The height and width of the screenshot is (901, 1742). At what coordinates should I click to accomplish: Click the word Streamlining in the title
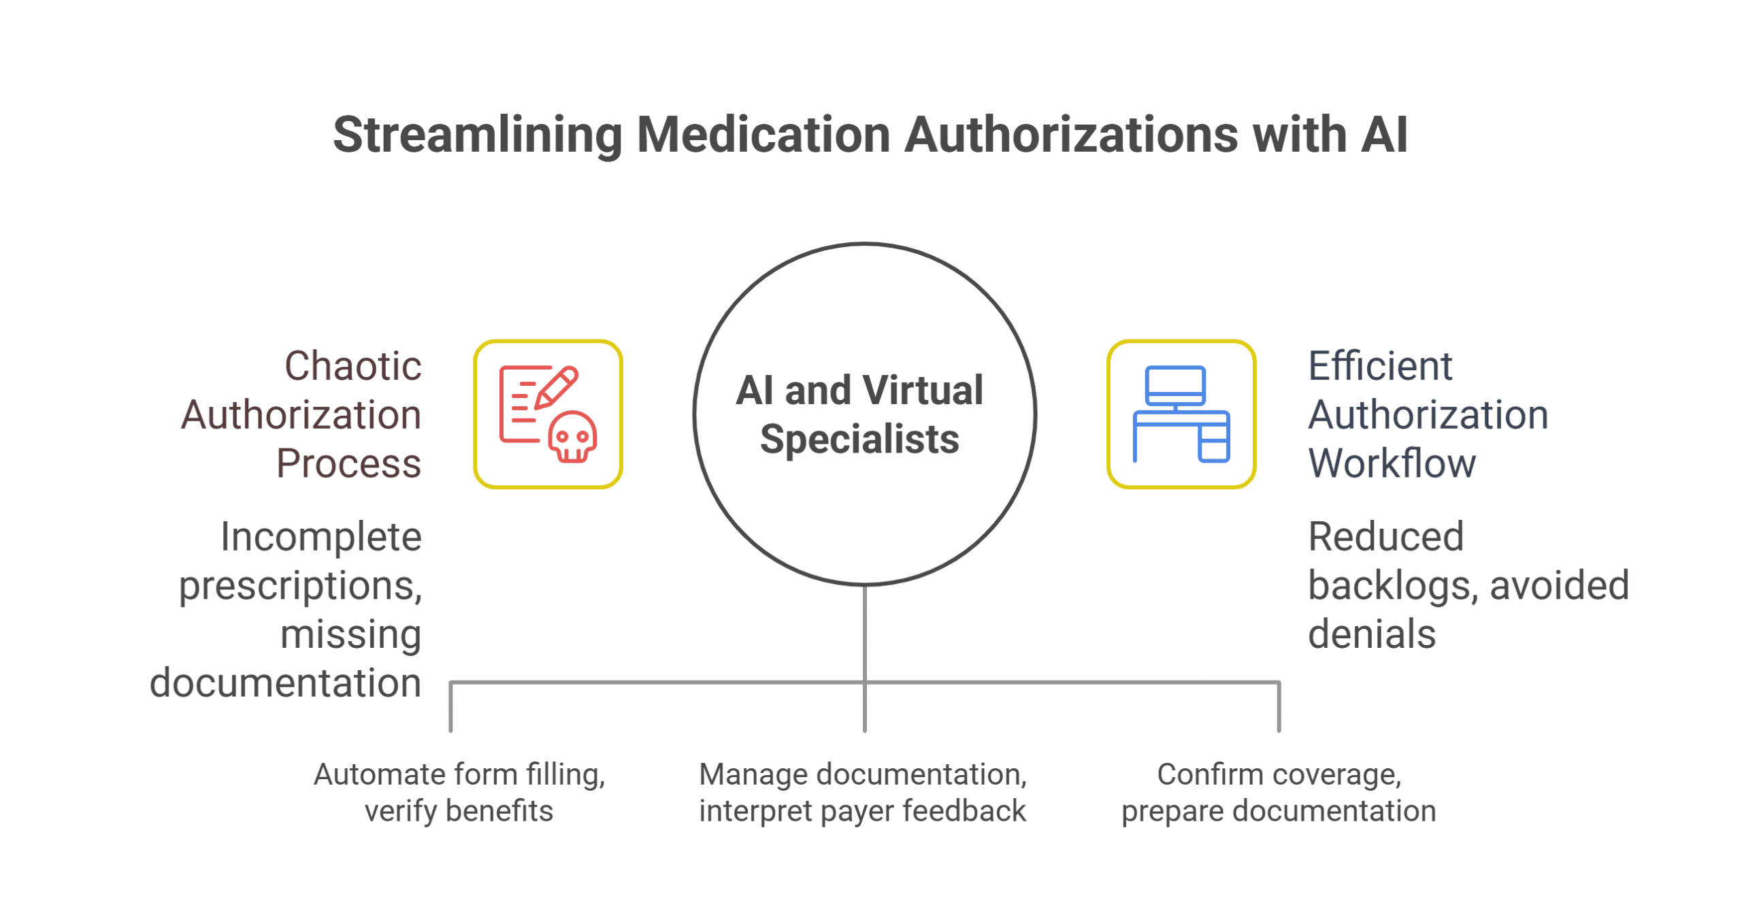[x=477, y=135]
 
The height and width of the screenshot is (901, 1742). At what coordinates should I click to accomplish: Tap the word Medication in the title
[x=763, y=135]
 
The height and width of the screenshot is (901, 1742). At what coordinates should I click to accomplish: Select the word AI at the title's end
[x=1383, y=135]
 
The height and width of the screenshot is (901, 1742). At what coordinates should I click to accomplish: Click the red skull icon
[x=572, y=438]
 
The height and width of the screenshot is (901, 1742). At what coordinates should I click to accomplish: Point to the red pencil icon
[x=557, y=387]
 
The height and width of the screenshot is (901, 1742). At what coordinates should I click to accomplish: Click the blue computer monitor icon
[x=1174, y=385]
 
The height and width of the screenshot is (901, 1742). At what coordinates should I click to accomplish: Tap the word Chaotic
[x=352, y=366]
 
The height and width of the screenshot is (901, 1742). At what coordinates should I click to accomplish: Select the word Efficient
[x=1380, y=366]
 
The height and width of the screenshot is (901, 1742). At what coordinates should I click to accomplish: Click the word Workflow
[x=1392, y=463]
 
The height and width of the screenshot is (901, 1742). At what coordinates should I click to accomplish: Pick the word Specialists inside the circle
[x=859, y=439]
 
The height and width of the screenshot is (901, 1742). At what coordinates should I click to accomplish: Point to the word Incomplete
[x=321, y=537]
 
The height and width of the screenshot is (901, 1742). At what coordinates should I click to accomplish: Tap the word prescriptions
[x=300, y=586]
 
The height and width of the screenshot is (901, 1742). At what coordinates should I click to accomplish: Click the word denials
[x=1371, y=634]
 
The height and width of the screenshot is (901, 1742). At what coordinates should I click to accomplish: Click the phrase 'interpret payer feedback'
[x=862, y=811]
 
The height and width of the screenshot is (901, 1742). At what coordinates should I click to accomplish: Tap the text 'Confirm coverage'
[x=1279, y=774]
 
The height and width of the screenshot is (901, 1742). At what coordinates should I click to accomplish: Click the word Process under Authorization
[x=348, y=463]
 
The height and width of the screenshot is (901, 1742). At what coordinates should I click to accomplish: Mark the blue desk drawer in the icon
[x=1213, y=443]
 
